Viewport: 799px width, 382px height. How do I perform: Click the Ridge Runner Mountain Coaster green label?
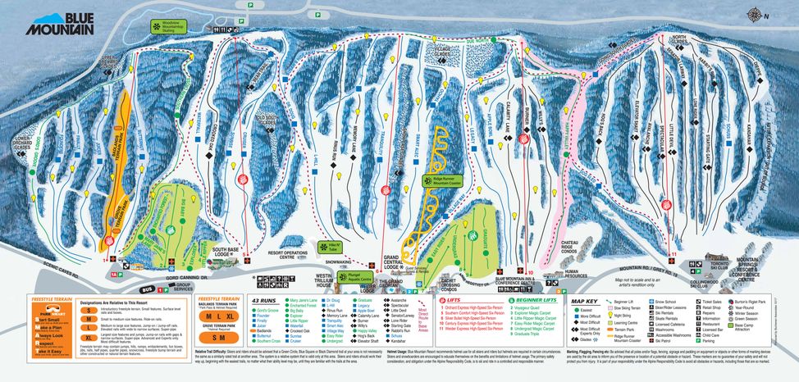pyautogui.click(x=442, y=182)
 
